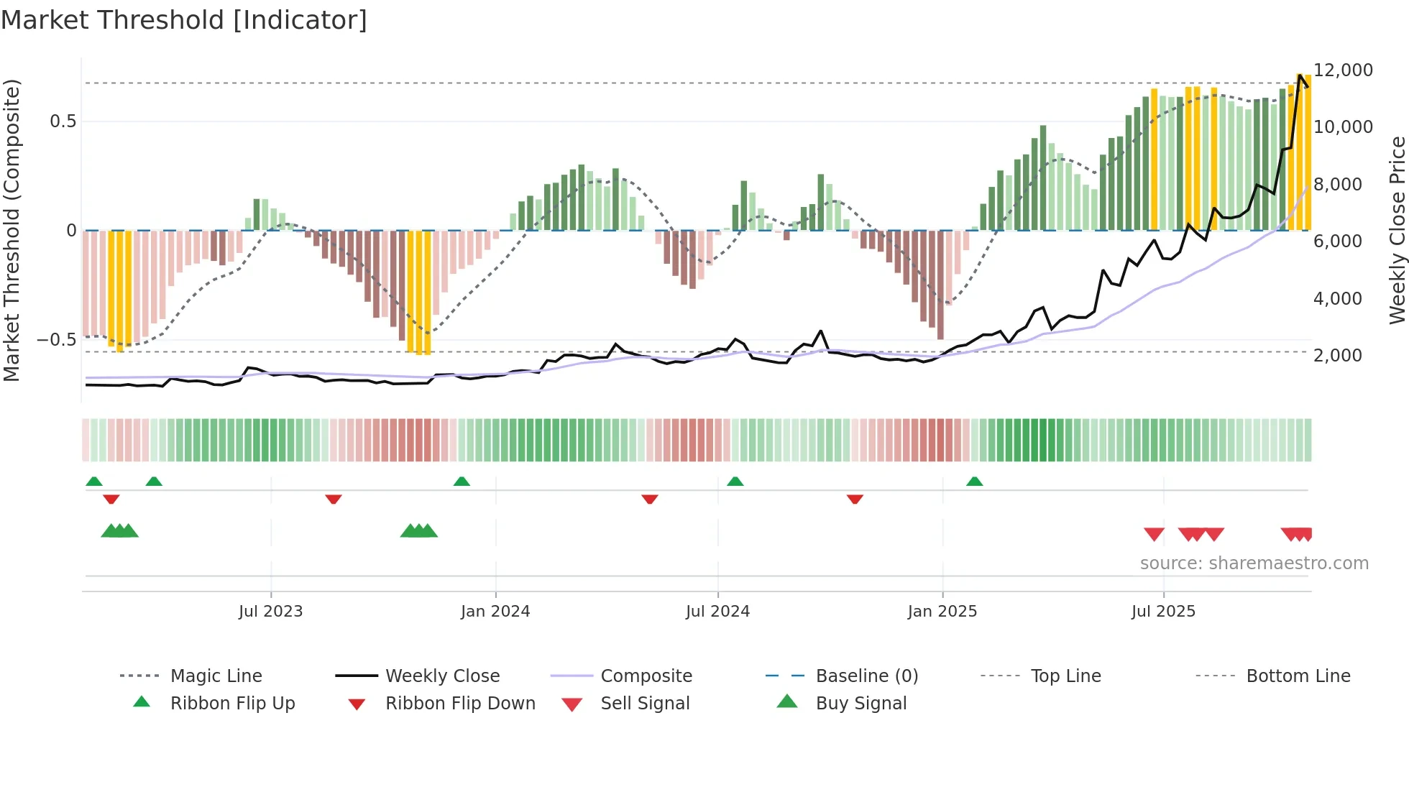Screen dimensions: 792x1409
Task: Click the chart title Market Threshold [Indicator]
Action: pos(184,20)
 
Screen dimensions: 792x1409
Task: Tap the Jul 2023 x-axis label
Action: pos(270,612)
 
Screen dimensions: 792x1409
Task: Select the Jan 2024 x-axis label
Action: pos(495,612)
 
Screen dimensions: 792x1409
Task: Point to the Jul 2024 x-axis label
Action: pos(717,612)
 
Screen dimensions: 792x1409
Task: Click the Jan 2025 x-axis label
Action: pos(942,612)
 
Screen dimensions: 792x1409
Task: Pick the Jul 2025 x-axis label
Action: pos(1163,612)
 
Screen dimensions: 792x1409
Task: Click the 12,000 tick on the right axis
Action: pos(1343,70)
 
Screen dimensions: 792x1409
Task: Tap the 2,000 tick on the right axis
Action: pos(1337,356)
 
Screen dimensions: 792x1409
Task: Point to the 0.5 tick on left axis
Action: pos(63,121)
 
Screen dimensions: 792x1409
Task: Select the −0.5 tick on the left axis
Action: pos(57,340)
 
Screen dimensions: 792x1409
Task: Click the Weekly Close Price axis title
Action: pos(1397,230)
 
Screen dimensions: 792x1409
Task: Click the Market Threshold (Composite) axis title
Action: pos(12,230)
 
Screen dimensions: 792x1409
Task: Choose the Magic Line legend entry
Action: pos(216,676)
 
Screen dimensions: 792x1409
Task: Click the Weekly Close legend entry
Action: pos(442,676)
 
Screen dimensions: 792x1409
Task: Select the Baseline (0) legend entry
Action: pos(866,676)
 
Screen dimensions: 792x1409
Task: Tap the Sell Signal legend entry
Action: pos(645,704)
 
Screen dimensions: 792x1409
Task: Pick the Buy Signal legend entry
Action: pos(860,704)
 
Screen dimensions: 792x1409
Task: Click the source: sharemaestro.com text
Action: pos(1254,563)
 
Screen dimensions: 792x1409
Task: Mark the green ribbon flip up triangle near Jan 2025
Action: pos(974,482)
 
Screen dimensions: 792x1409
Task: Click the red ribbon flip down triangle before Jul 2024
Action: pos(649,499)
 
